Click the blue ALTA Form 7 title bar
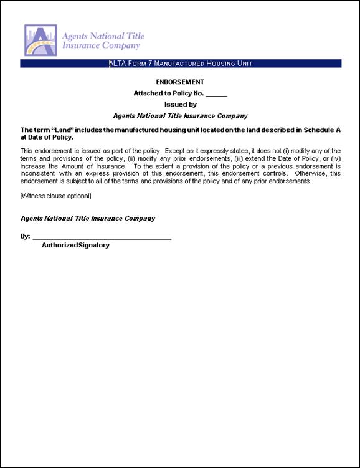[181, 64]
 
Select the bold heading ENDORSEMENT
[180, 82]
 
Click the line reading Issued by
[180, 105]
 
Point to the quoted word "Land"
[64, 130]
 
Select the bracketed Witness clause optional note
[56, 196]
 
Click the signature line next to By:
[102, 238]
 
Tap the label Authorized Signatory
[75, 246]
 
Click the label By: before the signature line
[25, 237]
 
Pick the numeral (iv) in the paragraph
[335, 159]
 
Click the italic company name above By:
[88, 219]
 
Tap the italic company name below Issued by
[180, 116]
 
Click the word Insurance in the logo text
[80, 45]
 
